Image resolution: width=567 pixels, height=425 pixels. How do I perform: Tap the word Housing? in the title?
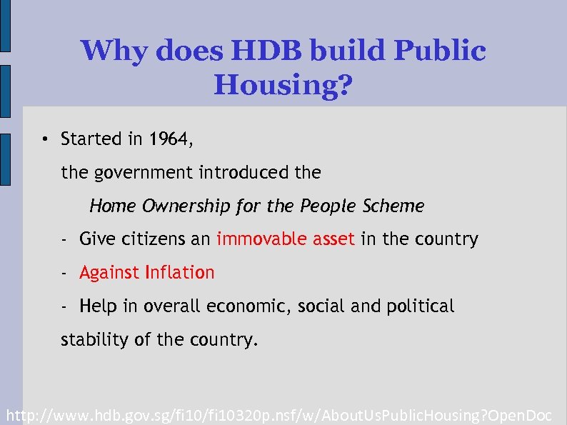pos(283,86)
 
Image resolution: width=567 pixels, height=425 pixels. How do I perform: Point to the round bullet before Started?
pos(44,139)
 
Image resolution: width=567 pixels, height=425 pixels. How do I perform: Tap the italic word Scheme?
pos(393,206)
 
